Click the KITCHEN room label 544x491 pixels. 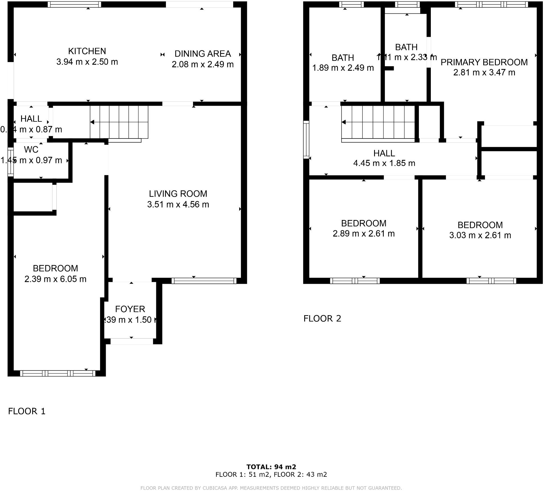click(x=87, y=51)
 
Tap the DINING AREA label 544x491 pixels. click(x=202, y=54)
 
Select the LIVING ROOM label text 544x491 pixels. click(x=178, y=194)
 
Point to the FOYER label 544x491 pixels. click(x=130, y=309)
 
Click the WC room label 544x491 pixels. click(x=31, y=150)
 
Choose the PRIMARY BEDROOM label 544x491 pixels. click(x=484, y=62)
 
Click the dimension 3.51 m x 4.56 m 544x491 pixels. click(x=178, y=205)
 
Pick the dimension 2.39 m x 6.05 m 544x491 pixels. click(x=55, y=279)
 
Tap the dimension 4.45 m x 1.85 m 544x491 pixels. click(x=384, y=163)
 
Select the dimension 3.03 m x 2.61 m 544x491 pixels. click(x=480, y=235)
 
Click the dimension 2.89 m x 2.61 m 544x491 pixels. click(x=364, y=234)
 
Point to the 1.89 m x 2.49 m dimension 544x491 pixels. click(x=343, y=68)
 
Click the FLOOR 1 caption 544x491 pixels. click(x=27, y=411)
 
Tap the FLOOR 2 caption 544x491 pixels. click(x=322, y=319)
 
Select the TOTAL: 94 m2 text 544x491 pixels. click(x=271, y=467)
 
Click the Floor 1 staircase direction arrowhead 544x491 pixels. click(x=92, y=122)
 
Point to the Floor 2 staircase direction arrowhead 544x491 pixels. click(x=344, y=122)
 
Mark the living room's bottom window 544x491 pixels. click(x=204, y=281)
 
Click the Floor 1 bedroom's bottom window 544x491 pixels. click(x=58, y=373)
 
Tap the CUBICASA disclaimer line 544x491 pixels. click(x=271, y=488)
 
